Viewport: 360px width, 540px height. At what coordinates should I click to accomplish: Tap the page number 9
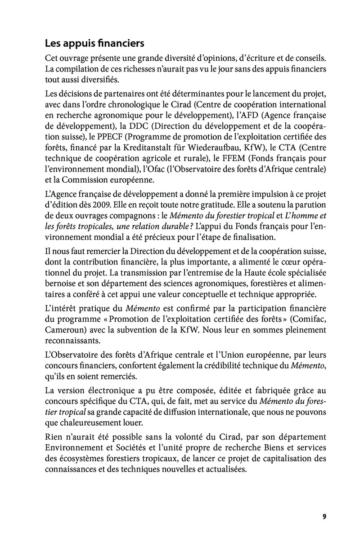(324, 516)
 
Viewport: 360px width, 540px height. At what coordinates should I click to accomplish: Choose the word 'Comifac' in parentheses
(306, 319)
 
